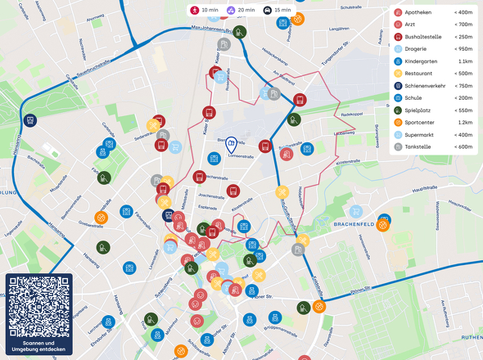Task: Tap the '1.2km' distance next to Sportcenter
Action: [x=465, y=122]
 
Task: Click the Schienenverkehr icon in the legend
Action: [x=398, y=85]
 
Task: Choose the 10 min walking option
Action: [x=205, y=11]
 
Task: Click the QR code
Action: [x=38, y=304]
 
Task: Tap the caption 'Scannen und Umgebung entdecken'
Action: [x=38, y=345]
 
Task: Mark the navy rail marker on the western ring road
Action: [x=30, y=120]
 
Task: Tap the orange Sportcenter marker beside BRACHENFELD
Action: [x=382, y=228]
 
